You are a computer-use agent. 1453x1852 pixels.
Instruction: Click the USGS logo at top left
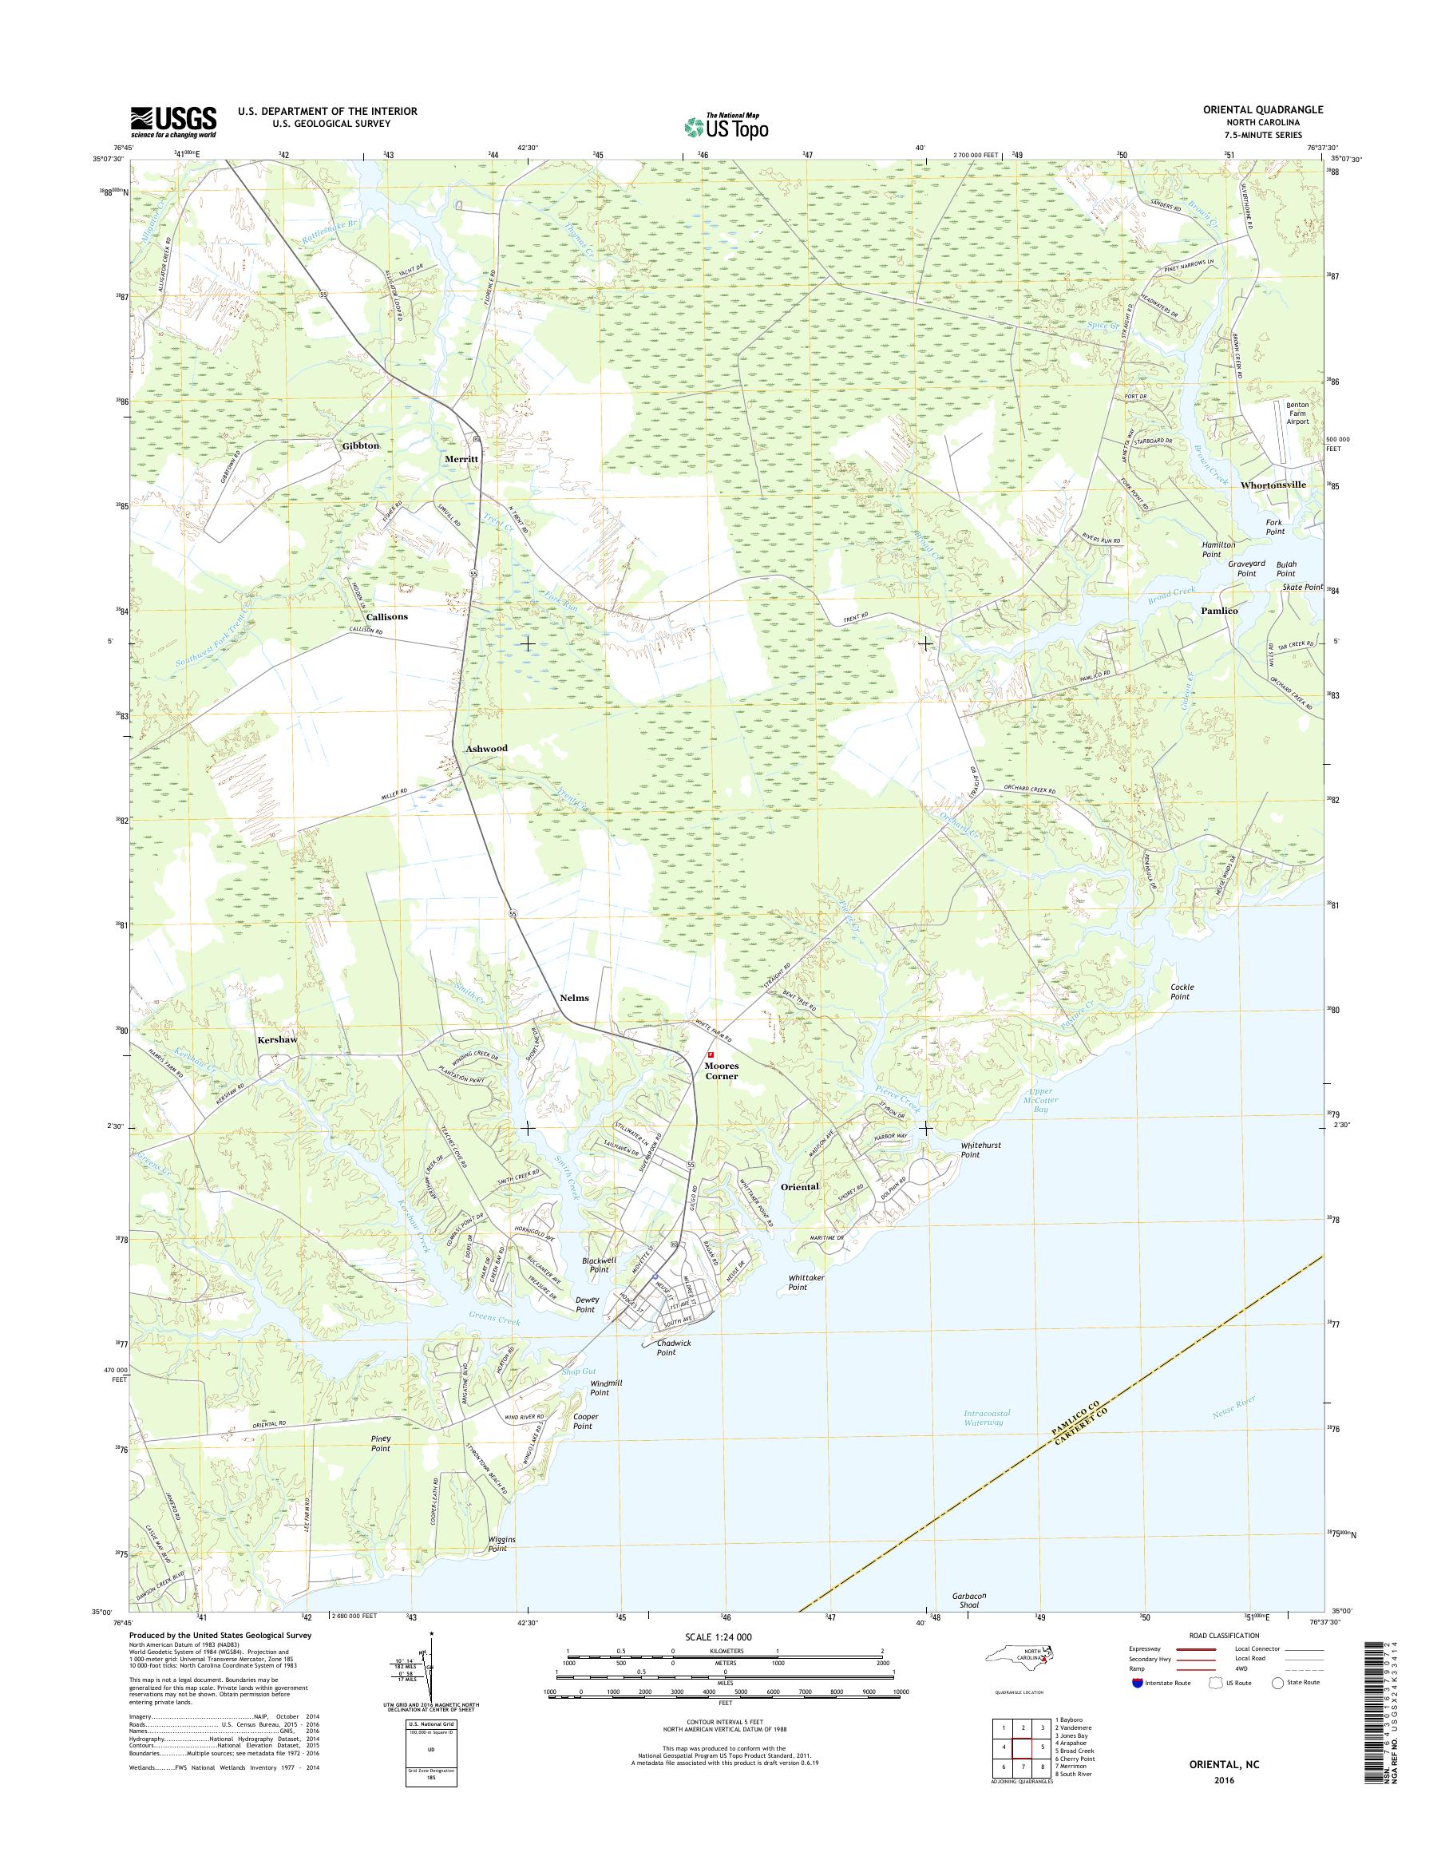pos(172,121)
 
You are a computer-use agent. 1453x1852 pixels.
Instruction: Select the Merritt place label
pos(462,457)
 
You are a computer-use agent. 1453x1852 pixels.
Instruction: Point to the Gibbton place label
pos(361,445)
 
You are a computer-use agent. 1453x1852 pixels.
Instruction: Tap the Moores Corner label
pos(721,1070)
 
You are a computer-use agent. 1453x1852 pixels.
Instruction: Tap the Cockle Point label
pos(1182,991)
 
